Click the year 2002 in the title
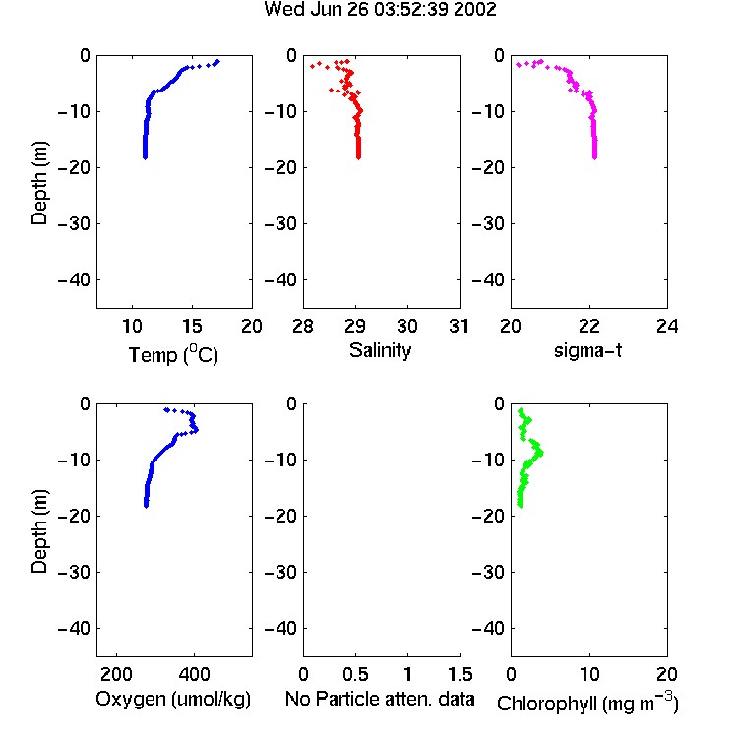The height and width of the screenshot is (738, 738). point(474,10)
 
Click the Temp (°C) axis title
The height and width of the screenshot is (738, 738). point(173,354)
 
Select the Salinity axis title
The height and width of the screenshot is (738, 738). point(380,351)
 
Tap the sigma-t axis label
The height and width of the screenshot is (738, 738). point(587,350)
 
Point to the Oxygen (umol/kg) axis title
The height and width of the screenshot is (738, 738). point(173,700)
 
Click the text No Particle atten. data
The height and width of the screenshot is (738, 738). point(380,699)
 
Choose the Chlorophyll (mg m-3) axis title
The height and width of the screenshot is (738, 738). point(587,702)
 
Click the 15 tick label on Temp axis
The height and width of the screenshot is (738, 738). point(192,326)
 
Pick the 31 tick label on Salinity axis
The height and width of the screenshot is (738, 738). point(459,326)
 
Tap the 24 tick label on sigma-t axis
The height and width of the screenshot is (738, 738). point(667,326)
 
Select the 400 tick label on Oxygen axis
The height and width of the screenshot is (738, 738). point(194,674)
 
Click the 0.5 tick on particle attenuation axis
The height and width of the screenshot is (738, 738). point(355,674)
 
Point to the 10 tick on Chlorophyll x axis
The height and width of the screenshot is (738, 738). point(589,674)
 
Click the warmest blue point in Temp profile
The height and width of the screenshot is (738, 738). point(217,62)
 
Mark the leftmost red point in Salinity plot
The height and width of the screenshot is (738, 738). point(313,66)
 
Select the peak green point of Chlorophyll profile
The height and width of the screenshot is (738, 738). point(541,453)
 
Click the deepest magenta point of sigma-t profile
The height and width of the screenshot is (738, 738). point(595,157)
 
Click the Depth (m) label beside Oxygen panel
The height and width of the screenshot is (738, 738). point(39,531)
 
